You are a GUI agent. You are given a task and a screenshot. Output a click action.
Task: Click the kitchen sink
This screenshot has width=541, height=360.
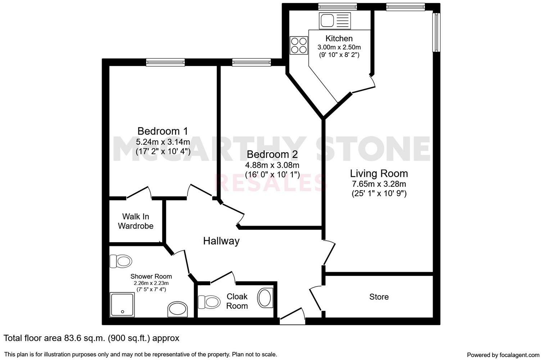[x=334, y=21]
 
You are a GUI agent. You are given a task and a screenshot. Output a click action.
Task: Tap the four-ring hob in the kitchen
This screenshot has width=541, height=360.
[x=299, y=45]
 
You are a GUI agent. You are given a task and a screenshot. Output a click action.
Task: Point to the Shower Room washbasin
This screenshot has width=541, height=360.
[x=178, y=310]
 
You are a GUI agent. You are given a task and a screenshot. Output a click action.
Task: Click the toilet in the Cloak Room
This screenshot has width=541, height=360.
[x=209, y=302]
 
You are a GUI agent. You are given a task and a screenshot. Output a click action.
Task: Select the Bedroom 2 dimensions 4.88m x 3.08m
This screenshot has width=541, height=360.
[x=272, y=165]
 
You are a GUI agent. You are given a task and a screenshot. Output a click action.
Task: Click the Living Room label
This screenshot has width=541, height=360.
[x=379, y=174]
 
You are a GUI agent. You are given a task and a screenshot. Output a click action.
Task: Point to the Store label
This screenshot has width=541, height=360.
[x=379, y=297]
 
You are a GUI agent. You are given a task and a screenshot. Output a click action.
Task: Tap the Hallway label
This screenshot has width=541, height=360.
[x=221, y=241]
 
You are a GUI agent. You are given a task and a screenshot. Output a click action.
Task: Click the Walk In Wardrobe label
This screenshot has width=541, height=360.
[x=136, y=221]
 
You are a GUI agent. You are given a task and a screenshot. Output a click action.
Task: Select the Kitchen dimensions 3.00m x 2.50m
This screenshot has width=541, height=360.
[x=339, y=47]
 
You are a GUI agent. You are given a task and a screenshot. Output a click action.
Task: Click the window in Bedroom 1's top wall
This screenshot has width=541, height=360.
[x=166, y=62]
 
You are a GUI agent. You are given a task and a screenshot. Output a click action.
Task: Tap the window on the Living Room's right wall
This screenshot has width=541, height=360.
[x=436, y=32]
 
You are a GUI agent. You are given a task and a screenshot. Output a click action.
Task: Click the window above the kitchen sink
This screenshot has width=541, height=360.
[x=337, y=6]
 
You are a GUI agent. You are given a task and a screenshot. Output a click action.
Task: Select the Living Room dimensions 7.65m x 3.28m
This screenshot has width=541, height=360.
[x=379, y=184]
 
